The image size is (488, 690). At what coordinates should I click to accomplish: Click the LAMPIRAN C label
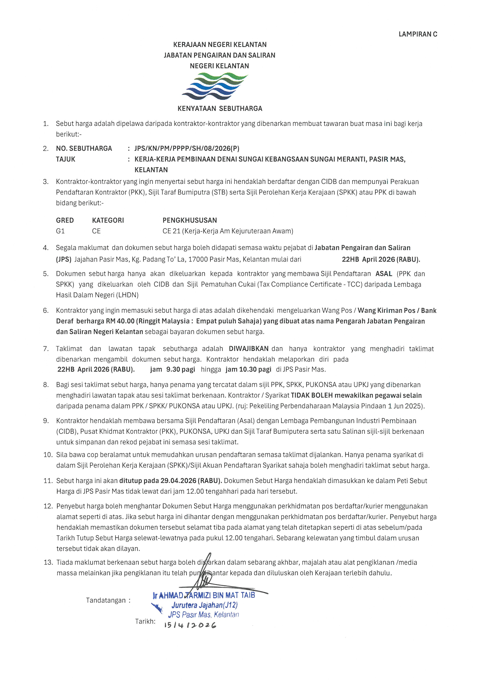coord(418,34)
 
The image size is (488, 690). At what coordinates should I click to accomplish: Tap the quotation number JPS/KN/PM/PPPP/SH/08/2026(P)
coord(187,149)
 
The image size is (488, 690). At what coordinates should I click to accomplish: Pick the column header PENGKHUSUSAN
coord(190,220)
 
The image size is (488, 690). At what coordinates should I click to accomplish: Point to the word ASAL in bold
coord(384,274)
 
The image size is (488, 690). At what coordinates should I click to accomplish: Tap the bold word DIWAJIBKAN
coord(249,349)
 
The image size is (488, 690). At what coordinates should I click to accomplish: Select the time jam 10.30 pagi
coord(248,369)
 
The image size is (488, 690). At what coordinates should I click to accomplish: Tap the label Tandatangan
coord(106,600)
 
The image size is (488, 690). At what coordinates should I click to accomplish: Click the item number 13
coord(48,562)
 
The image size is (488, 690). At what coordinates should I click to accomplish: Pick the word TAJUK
coord(66,159)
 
